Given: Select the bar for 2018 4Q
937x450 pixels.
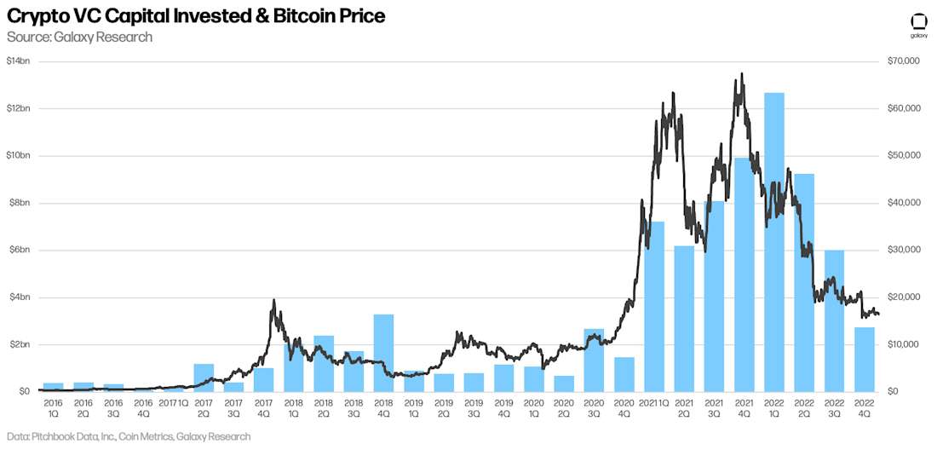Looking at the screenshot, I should (x=383, y=353).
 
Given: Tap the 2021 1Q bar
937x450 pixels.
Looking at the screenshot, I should (x=654, y=307).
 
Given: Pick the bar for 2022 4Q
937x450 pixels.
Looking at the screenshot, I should (x=865, y=359).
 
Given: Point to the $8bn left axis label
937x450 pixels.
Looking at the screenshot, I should (x=19, y=203).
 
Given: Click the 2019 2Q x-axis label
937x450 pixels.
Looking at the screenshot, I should (x=444, y=407).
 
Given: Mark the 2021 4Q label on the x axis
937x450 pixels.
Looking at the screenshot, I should (x=744, y=407).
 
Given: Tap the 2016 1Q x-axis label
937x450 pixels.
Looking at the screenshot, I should (x=54, y=407).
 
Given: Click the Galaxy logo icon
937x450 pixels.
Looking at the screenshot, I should (x=918, y=22).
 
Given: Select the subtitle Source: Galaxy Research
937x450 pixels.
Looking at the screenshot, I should (x=79, y=37).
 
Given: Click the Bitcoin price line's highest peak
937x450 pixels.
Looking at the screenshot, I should (x=743, y=73).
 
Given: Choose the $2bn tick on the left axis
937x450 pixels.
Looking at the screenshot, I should (x=19, y=344).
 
